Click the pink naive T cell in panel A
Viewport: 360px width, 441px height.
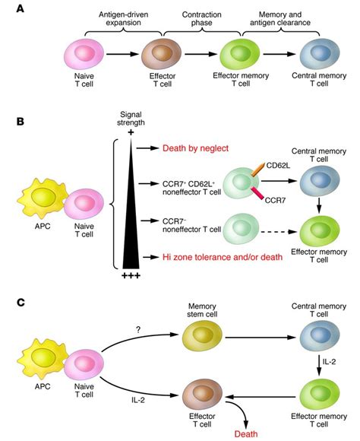[81, 56]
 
